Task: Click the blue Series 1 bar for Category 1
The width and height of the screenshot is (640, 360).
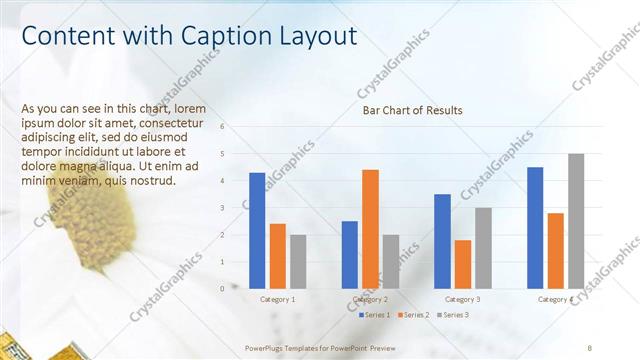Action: pos(257,230)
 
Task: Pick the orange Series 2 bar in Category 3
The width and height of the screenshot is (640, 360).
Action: pos(462,263)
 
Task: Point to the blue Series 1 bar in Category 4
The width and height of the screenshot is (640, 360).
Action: pos(535,227)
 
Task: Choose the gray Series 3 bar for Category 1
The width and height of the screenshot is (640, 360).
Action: pos(298,261)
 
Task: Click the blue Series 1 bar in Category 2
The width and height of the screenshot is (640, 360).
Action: pos(349,254)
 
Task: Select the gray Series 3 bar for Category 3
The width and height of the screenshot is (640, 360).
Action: pos(483,247)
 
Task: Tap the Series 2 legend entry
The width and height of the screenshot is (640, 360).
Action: pos(414,315)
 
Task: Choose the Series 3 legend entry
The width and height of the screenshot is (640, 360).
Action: pos(451,315)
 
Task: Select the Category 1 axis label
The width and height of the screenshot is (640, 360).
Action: pos(278,300)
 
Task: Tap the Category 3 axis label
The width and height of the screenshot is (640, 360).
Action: pos(462,300)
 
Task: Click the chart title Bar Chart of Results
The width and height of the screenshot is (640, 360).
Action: pos(412,110)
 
